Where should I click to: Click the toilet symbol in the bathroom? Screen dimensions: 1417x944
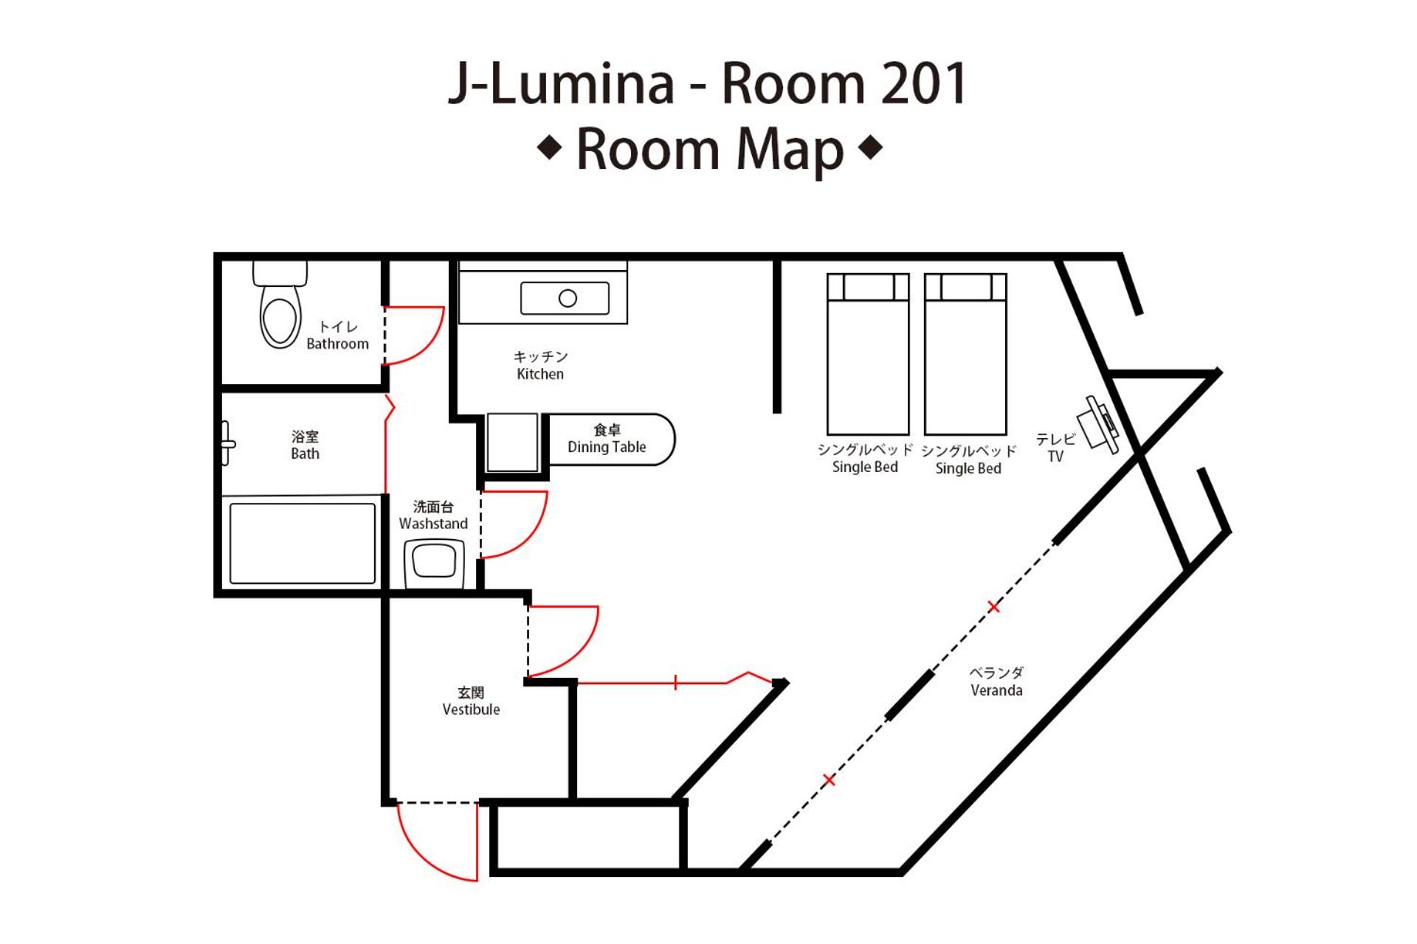point(280,304)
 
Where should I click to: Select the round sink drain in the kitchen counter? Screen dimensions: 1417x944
point(568,299)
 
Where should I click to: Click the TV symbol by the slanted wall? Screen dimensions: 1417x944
point(1098,426)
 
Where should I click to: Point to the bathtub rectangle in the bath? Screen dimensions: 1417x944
point(303,544)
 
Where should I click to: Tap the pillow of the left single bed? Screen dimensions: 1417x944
point(869,287)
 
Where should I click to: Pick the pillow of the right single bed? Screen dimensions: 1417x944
point(966,287)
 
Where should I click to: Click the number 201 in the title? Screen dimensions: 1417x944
point(924,83)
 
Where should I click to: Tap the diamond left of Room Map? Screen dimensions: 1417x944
point(550,148)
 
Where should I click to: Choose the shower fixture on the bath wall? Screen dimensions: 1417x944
point(227,443)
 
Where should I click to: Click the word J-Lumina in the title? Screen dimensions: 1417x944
point(561,83)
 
